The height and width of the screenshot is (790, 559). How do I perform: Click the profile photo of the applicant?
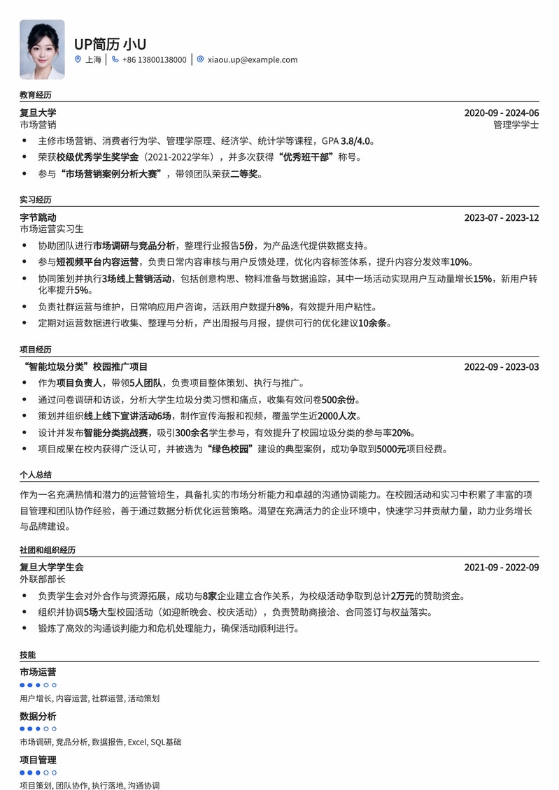pyautogui.click(x=42, y=49)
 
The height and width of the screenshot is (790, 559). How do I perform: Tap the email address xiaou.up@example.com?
pyautogui.click(x=251, y=60)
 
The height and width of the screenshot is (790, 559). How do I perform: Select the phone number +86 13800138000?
pyautogui.click(x=154, y=60)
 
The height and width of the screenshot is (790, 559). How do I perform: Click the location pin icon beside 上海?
pyautogui.click(x=78, y=60)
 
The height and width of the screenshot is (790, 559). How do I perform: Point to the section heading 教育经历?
pyautogui.click(x=36, y=95)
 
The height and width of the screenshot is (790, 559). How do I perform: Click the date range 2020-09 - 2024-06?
pyautogui.click(x=502, y=113)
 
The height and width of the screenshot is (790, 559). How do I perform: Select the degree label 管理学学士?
pyautogui.click(x=516, y=125)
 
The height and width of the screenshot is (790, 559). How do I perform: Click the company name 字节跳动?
pyautogui.click(x=38, y=217)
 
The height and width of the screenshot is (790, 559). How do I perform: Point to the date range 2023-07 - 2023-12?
pyautogui.click(x=502, y=217)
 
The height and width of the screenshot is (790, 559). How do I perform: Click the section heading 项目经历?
pyautogui.click(x=36, y=350)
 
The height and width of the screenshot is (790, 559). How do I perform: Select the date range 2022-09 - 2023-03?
pyautogui.click(x=502, y=367)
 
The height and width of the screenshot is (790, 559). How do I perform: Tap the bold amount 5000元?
pyautogui.click(x=391, y=450)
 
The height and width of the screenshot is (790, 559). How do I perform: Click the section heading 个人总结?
pyautogui.click(x=36, y=475)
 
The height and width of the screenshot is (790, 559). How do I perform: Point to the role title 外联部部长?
pyautogui.click(x=43, y=580)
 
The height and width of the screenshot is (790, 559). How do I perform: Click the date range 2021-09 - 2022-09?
pyautogui.click(x=502, y=568)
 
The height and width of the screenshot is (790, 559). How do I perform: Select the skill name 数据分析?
pyautogui.click(x=38, y=717)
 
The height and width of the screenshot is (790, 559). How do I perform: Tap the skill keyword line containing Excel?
pyautogui.click(x=100, y=742)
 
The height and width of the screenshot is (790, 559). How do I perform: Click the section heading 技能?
pyautogui.click(x=27, y=655)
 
